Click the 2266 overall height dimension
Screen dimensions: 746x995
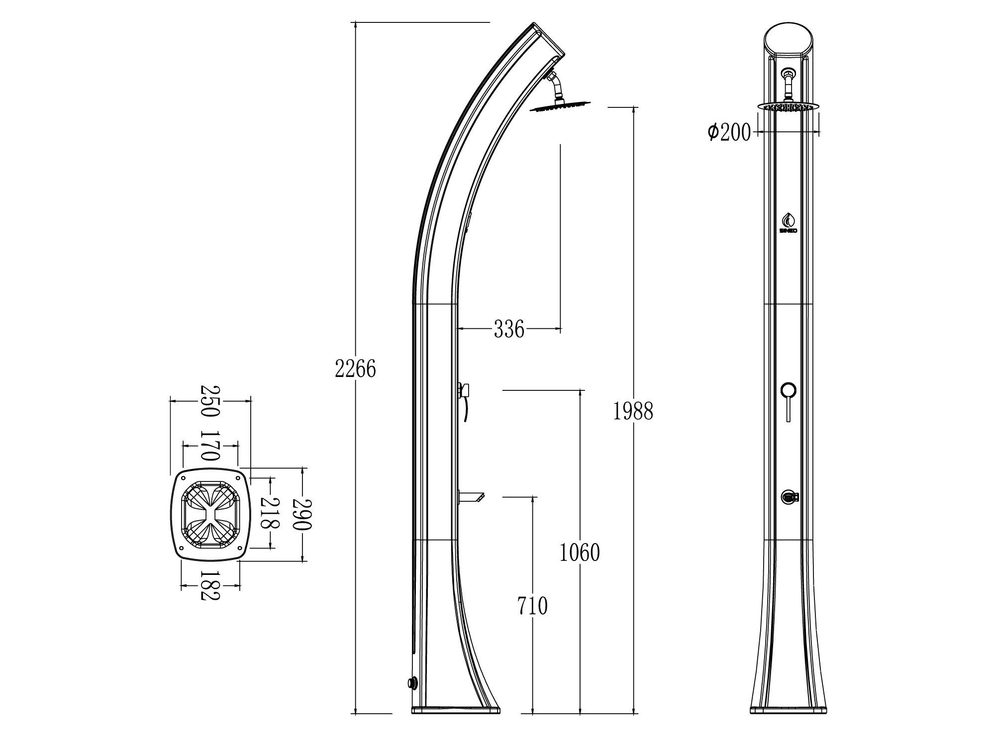click(355, 369)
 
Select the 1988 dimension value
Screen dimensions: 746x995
click(632, 411)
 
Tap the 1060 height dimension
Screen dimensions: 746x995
click(580, 553)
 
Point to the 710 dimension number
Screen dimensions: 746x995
click(532, 606)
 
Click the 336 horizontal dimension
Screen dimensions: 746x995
click(509, 329)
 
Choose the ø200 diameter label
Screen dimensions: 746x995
click(729, 132)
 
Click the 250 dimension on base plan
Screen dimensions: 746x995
click(209, 401)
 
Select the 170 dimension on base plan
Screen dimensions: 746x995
click(209, 446)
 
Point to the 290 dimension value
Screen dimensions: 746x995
click(303, 513)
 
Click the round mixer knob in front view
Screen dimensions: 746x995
click(788, 390)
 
